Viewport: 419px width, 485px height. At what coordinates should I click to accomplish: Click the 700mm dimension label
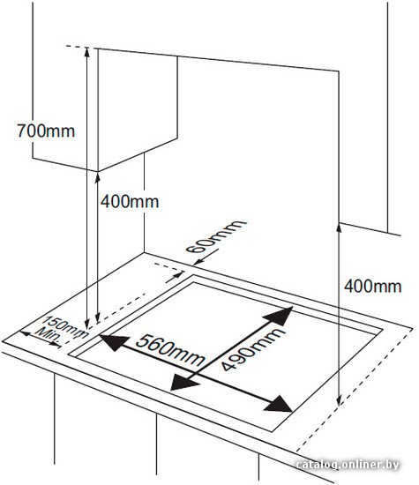point(46,131)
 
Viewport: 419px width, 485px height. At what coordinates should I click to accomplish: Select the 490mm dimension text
point(252,349)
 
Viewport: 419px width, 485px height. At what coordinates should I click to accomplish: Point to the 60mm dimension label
point(215,236)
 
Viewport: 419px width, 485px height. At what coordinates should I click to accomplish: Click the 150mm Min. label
point(61,331)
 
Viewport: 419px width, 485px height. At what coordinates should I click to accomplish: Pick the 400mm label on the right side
point(372,286)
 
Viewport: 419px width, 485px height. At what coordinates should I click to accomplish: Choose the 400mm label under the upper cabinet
point(130,202)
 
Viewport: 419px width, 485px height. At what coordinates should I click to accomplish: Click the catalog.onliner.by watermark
point(348,465)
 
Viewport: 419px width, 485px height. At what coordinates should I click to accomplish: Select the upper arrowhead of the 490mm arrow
point(279,316)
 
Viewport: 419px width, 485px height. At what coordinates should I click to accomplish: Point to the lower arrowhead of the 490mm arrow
point(183,383)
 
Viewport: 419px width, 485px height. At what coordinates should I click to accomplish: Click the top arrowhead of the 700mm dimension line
point(87,53)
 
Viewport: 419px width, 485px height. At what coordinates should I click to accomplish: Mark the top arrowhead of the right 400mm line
point(339,228)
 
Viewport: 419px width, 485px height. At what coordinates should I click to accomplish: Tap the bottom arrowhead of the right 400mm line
point(339,399)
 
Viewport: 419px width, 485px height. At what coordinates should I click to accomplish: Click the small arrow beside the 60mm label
point(206,257)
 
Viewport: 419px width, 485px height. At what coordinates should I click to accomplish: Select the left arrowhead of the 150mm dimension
point(26,333)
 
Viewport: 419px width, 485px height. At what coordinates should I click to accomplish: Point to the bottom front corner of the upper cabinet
point(98,171)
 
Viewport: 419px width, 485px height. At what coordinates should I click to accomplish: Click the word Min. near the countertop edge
point(49,335)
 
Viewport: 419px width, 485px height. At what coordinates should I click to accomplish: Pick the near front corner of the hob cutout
point(272,431)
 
